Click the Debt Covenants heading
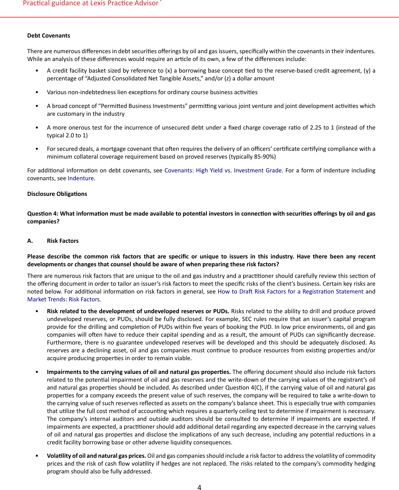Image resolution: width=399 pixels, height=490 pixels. [49, 36]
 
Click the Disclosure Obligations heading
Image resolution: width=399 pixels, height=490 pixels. [57, 194]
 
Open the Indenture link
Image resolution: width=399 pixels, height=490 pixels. [81, 178]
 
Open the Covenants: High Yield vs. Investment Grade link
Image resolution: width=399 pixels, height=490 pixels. [223, 171]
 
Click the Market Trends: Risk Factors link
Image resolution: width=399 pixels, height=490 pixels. [64, 299]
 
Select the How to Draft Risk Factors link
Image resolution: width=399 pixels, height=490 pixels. [290, 292]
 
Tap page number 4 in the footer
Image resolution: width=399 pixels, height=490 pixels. [199, 487]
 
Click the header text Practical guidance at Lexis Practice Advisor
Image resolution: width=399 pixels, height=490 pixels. [91, 3]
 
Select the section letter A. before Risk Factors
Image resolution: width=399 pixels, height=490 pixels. [30, 241]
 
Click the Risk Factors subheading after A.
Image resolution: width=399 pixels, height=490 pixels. [63, 241]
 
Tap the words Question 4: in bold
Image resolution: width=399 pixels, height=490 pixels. [43, 214]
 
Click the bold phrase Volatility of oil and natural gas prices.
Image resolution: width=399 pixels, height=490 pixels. [96, 456]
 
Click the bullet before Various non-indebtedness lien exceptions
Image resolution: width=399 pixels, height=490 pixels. [37, 92]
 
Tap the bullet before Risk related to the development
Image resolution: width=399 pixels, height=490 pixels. [37, 311]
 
